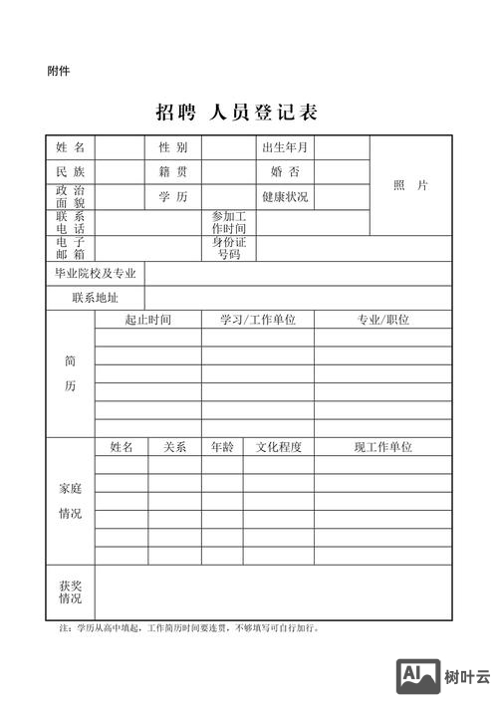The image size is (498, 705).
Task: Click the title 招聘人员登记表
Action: (236, 112)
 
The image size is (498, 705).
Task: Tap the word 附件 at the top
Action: (58, 71)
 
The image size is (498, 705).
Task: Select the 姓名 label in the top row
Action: (70, 147)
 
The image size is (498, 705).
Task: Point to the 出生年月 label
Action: (285, 147)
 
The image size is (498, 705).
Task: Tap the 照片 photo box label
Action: (410, 185)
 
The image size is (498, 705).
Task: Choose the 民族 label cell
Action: (70, 172)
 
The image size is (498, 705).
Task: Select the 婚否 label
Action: (285, 172)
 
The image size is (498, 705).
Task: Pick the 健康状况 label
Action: (285, 197)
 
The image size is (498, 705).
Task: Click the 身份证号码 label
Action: (229, 248)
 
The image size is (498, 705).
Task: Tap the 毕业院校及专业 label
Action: (95, 273)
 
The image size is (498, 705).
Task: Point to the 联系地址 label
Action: (95, 298)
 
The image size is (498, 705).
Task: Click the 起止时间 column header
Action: (148, 320)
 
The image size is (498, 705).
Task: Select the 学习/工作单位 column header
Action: (258, 320)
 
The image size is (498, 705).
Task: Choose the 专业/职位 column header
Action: (383, 320)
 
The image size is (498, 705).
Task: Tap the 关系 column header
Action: (174, 448)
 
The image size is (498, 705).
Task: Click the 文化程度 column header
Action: (279, 448)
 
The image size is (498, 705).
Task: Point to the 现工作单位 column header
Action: (383, 448)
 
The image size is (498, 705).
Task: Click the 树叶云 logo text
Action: (467, 677)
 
